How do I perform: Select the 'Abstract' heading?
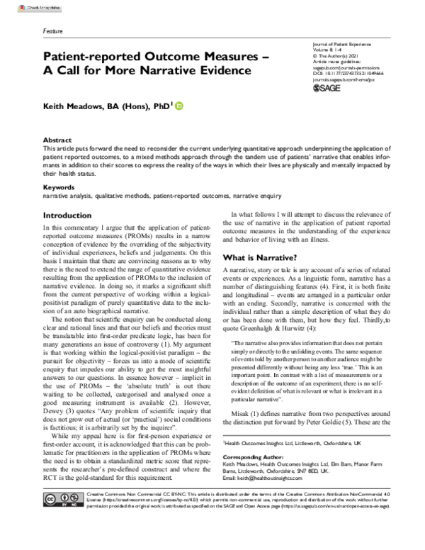tap(57, 141)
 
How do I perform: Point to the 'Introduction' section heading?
tap(72, 215)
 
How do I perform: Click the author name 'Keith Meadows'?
tap(79, 106)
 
